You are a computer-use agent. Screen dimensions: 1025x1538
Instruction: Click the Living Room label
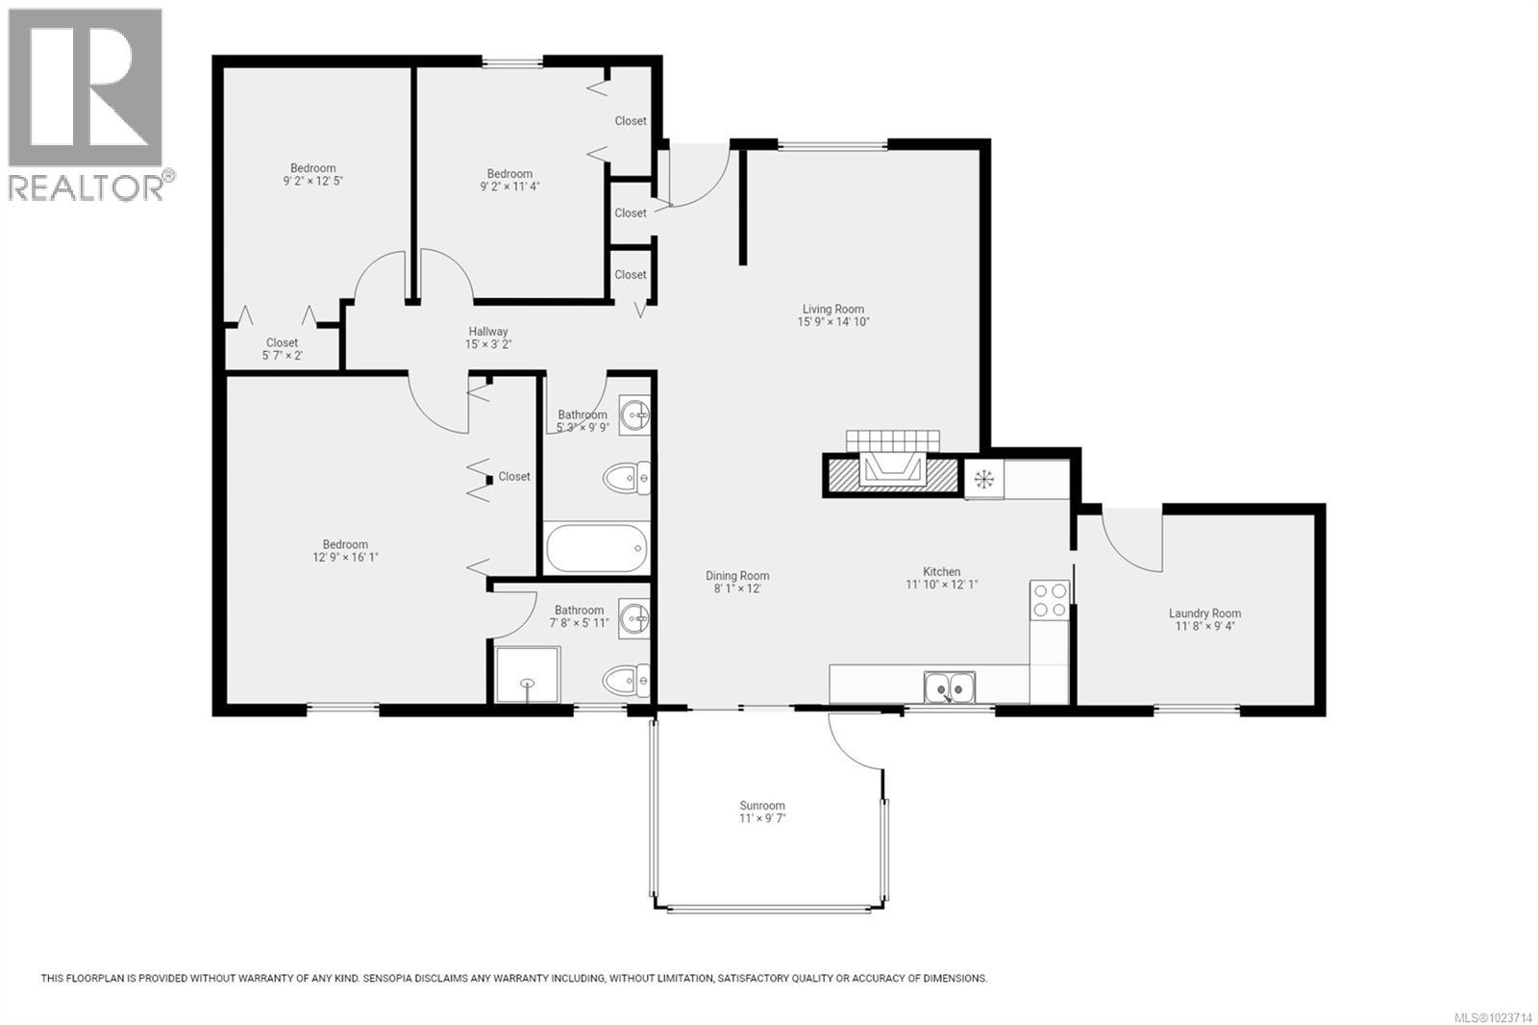[832, 310]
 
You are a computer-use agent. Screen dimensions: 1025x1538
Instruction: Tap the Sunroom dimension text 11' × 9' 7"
[762, 818]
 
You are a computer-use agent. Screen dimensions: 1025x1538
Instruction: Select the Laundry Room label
[1204, 613]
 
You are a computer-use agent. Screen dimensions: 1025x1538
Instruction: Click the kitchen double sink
[950, 687]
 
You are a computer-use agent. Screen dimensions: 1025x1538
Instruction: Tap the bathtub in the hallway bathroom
[597, 548]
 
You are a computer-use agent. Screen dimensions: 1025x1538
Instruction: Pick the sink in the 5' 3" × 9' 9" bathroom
[634, 416]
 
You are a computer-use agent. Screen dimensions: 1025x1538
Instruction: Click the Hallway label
[488, 332]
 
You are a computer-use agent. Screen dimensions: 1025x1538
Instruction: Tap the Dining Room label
[737, 576]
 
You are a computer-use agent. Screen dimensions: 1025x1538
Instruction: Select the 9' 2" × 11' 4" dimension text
[509, 187]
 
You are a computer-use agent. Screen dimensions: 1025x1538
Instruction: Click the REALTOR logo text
[87, 187]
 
